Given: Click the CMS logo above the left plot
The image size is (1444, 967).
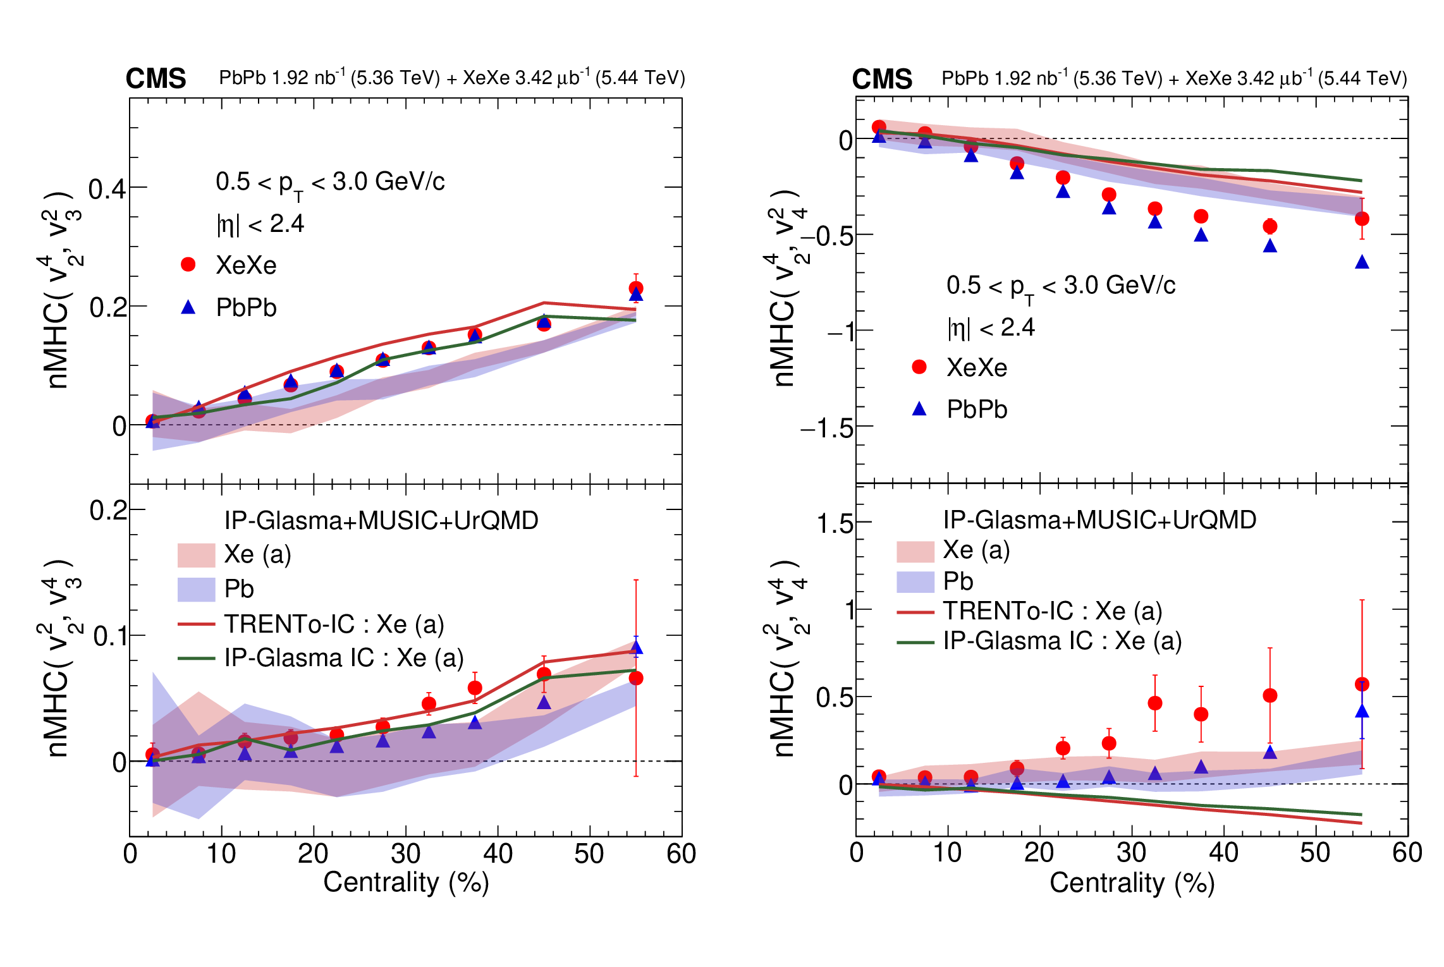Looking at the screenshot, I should (x=156, y=79).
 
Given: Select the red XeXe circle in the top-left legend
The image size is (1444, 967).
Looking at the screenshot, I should (x=188, y=265).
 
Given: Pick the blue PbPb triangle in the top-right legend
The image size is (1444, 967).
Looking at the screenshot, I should (x=919, y=410).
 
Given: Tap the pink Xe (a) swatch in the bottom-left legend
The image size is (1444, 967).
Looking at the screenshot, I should (x=196, y=555).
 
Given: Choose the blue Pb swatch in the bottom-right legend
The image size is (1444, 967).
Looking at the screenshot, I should (x=915, y=581).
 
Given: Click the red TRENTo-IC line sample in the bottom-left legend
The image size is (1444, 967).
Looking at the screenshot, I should (x=197, y=624).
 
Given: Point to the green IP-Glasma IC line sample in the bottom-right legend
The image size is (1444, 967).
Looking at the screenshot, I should (x=915, y=642).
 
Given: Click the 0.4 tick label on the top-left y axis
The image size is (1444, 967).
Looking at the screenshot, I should (x=107, y=188).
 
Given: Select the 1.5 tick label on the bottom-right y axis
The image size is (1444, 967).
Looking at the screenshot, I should (x=835, y=524).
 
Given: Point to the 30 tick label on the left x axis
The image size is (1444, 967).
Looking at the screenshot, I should (x=405, y=854).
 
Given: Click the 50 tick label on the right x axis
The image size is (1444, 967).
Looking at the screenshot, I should (x=1315, y=853).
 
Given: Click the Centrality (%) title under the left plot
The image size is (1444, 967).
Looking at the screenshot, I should (x=406, y=882).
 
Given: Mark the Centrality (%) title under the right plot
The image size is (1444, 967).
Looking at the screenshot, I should (x=1132, y=883).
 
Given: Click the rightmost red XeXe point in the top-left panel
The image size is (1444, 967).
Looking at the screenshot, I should (x=636, y=288).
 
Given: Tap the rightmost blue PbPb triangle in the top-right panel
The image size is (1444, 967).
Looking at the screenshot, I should (x=1362, y=262).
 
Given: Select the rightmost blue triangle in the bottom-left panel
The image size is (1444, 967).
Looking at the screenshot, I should (x=637, y=647).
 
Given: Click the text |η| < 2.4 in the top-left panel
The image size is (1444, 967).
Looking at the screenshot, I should (x=260, y=224).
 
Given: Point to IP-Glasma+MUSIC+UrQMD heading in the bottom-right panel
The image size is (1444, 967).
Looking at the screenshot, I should (x=1099, y=520).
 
